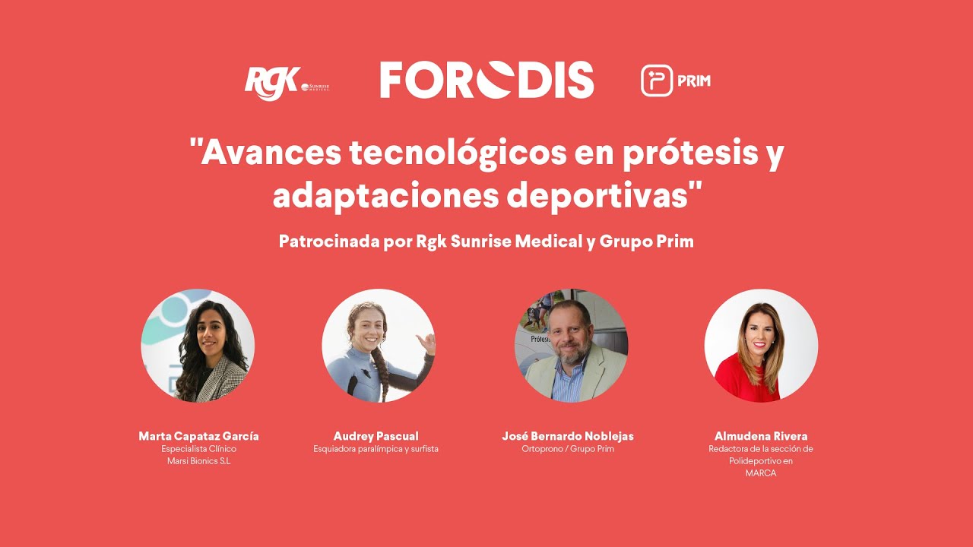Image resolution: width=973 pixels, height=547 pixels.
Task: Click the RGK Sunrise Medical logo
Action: (286, 82)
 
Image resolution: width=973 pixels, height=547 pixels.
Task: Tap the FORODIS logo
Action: (486, 81)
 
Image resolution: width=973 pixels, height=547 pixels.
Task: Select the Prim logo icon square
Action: (657, 81)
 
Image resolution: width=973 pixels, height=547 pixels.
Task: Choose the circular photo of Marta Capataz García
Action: (198, 346)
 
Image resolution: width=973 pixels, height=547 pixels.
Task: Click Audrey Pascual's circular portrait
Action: (379, 346)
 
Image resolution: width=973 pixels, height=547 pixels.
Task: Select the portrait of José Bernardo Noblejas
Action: (571, 346)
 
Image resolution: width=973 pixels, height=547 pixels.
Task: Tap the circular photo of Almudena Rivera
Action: (761, 346)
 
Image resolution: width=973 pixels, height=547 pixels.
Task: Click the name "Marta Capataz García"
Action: (198, 436)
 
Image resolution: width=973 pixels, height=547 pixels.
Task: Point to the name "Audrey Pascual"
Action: (376, 436)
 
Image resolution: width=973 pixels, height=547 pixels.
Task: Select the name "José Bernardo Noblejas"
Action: (567, 436)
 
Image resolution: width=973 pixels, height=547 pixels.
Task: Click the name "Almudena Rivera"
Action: (761, 436)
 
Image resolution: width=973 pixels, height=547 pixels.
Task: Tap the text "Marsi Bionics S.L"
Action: (198, 461)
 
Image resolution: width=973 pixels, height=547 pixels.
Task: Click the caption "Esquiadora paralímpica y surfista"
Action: (376, 449)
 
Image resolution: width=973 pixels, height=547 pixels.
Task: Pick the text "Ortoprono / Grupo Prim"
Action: (567, 449)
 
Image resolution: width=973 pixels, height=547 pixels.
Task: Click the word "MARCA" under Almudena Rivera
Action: (761, 473)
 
